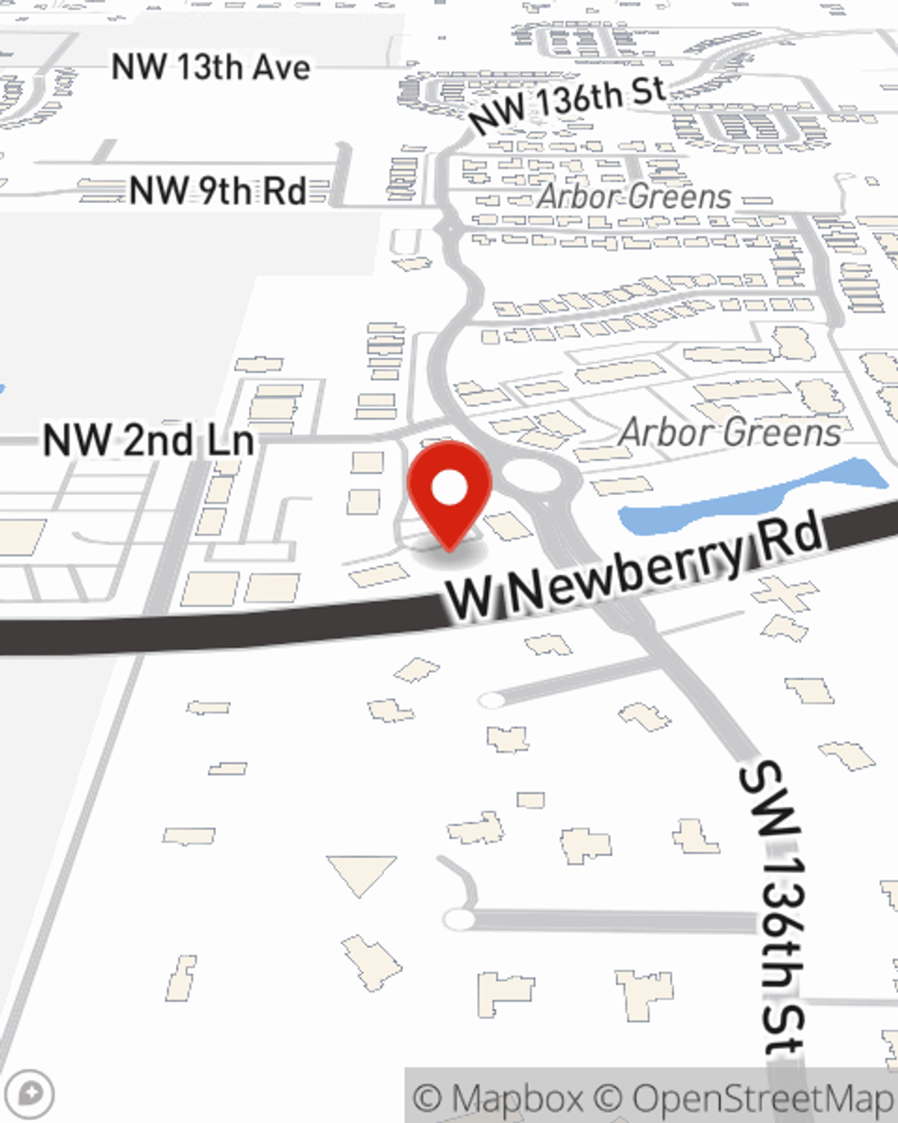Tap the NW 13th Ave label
click(x=211, y=67)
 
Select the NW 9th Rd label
click(x=217, y=190)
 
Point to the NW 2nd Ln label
click(x=149, y=440)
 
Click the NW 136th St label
click(x=568, y=104)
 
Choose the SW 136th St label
click(x=772, y=907)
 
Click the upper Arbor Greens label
click(x=634, y=196)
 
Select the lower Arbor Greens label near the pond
click(x=730, y=432)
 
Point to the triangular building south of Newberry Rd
click(x=361, y=873)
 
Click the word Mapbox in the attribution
click(x=516, y=1098)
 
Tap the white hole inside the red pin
click(x=449, y=489)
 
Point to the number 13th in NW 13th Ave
click(x=216, y=67)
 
